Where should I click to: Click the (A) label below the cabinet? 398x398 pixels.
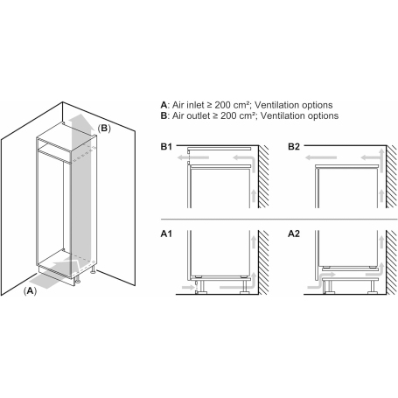point(30,291)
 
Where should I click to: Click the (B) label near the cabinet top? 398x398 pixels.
point(104,129)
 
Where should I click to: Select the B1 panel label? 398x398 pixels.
point(166,146)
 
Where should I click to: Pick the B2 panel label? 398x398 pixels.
point(294,146)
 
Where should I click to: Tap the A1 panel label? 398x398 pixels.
point(166,234)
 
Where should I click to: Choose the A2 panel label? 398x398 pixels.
point(294,234)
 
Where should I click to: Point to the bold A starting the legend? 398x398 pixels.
point(164,105)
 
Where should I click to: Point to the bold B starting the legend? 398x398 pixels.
point(164,115)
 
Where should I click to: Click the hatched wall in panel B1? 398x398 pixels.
point(263,177)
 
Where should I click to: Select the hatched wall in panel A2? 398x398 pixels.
point(392,262)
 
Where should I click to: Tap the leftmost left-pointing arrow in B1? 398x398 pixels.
point(193,157)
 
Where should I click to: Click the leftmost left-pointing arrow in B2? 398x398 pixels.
point(321,157)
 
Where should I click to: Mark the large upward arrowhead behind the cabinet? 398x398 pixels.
point(80,120)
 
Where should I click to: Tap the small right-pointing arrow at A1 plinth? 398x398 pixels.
point(188,288)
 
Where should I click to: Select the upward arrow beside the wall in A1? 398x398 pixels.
point(254,242)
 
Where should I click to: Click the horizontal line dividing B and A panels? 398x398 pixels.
point(279,219)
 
